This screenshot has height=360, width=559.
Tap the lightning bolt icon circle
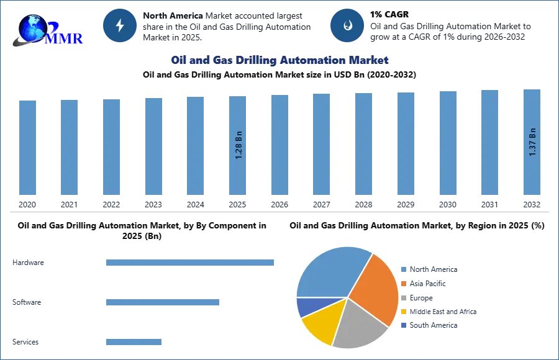120,25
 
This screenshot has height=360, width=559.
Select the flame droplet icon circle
347,25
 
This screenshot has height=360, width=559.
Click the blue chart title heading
279,60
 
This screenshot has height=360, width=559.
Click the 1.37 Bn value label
532,142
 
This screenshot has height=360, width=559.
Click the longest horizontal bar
191,263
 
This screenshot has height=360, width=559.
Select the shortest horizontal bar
134,342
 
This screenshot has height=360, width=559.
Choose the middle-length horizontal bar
163,303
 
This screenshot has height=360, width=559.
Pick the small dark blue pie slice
306,306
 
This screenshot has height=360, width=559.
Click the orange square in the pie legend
403,284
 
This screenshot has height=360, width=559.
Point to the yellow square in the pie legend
403,312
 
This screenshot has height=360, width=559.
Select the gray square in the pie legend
403,298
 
